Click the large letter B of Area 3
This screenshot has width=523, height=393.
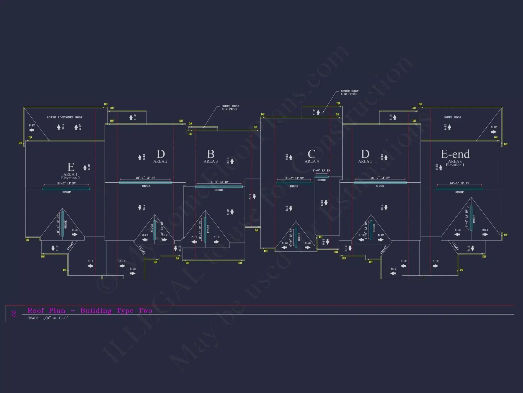(211, 154)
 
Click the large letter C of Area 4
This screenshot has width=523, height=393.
(311, 154)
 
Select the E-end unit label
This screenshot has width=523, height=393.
(455, 154)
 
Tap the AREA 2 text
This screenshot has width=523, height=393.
(160, 161)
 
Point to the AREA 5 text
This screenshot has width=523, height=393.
(365, 161)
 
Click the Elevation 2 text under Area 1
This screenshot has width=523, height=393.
(70, 178)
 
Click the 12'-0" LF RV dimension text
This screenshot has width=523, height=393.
(294, 178)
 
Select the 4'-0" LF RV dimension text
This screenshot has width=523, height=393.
(321, 171)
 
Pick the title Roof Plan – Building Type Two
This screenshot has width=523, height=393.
(90, 311)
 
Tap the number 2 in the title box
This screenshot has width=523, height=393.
(14, 313)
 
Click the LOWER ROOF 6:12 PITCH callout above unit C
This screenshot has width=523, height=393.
(349, 92)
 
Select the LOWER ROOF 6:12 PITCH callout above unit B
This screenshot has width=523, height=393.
(230, 107)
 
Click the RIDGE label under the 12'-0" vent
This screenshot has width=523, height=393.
(294, 186)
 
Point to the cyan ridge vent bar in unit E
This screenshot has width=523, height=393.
(66, 189)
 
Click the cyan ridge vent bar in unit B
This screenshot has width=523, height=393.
(219, 187)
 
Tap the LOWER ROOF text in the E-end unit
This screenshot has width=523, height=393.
(452, 117)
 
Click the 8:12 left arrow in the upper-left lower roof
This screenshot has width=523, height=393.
(32, 130)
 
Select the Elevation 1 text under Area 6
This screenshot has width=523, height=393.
(455, 165)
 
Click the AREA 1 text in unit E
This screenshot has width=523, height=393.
(70, 174)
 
